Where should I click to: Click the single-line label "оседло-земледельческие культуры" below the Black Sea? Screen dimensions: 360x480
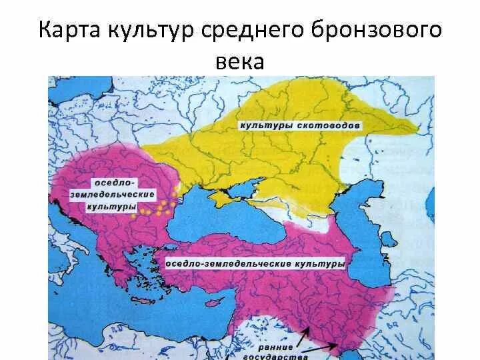[255, 264]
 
